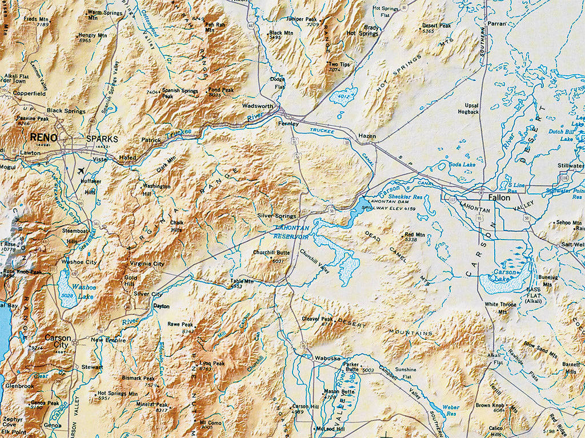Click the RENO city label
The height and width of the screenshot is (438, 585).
(44, 137)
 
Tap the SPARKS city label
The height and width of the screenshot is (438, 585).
(102, 139)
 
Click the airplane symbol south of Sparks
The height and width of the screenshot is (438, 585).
(80, 171)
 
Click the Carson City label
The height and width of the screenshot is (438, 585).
(58, 341)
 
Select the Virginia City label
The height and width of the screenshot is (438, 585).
(147, 264)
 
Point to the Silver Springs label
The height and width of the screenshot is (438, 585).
(277, 216)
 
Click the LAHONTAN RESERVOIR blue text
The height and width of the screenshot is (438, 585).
(291, 232)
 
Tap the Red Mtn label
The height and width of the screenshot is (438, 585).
(415, 234)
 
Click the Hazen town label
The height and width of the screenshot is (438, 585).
(367, 136)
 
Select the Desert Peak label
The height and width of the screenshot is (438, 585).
(436, 26)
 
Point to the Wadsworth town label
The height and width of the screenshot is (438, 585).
(258, 106)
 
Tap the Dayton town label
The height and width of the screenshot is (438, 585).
(162, 306)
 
